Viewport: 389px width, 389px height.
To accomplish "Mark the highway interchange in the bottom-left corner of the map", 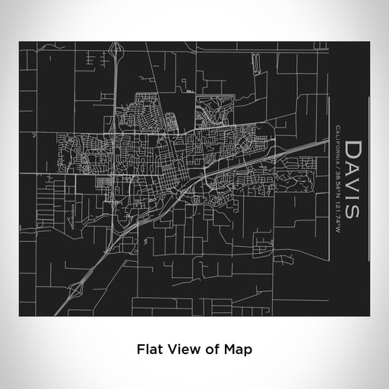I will (x=76, y=288).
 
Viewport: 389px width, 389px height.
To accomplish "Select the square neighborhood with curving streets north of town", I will (x=214, y=112).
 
